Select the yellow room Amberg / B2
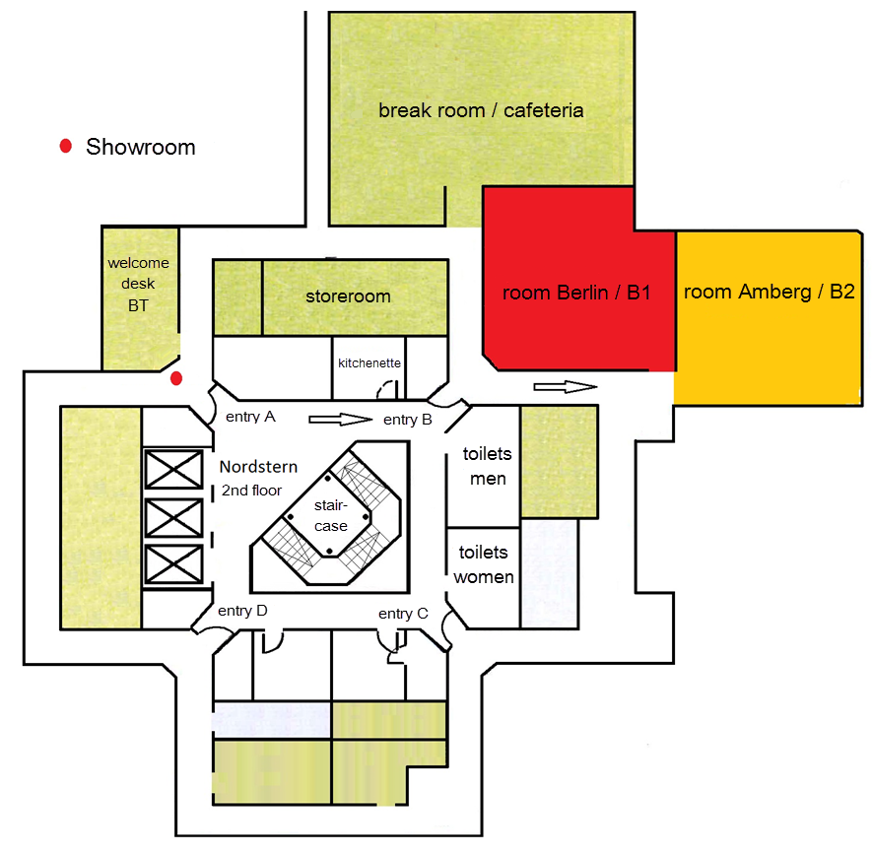click(x=768, y=317)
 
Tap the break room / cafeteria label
click(x=481, y=110)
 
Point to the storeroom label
click(x=348, y=295)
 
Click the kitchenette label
click(x=369, y=363)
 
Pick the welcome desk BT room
click(x=140, y=298)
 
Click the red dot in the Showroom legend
click(x=66, y=146)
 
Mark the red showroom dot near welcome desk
click(x=176, y=378)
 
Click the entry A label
click(x=251, y=417)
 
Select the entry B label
click(x=408, y=420)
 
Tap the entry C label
click(x=403, y=614)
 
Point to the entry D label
click(x=242, y=611)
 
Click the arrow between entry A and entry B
click(x=340, y=420)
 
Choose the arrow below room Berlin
click(x=566, y=386)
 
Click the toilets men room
click(x=483, y=466)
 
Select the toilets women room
click(x=483, y=577)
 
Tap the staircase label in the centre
click(x=330, y=515)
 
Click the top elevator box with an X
click(x=173, y=470)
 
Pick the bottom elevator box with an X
click(x=173, y=564)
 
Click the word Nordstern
click(x=258, y=467)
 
